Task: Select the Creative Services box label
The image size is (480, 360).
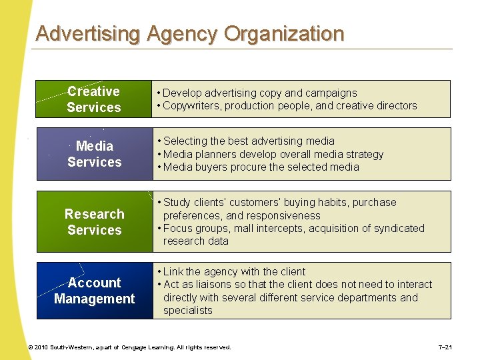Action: click(94, 99)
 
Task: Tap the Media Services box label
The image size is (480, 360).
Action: click(94, 154)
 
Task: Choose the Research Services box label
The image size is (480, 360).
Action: click(94, 222)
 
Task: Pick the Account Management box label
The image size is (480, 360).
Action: click(94, 291)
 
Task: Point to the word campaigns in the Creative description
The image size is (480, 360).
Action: click(331, 93)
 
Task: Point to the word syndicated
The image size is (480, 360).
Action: click(396, 228)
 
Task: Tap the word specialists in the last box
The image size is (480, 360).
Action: click(187, 310)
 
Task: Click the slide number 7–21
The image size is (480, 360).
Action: click(445, 347)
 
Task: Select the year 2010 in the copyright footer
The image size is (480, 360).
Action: click(41, 347)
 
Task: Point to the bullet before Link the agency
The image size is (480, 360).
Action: click(159, 272)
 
